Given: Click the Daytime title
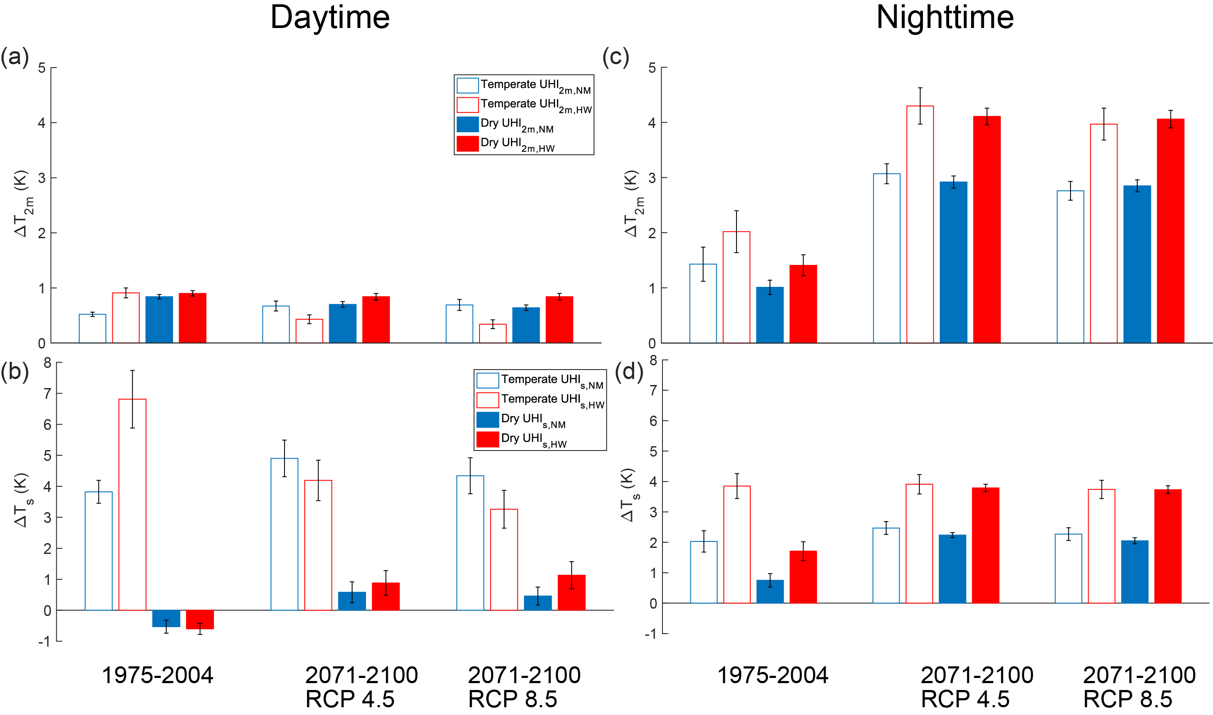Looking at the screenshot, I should (x=330, y=18).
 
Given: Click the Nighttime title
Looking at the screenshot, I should (x=944, y=18).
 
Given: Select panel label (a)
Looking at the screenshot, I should (x=15, y=57).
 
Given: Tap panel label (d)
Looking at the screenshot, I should (x=628, y=371).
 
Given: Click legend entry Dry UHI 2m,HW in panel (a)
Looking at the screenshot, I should (x=517, y=143).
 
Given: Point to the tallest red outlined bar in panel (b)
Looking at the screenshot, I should (x=133, y=504).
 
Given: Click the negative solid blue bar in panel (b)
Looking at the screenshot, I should (x=166, y=618).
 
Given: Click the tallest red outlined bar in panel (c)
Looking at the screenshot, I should (x=920, y=224).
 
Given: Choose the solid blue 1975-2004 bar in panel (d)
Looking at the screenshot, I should (x=770, y=591).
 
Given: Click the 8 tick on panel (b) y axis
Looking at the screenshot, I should (x=47, y=363).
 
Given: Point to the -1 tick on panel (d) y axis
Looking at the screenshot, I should (x=651, y=634).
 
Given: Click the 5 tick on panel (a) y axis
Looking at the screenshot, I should (x=42, y=68).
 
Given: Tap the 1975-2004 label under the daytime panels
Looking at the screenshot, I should (x=158, y=675).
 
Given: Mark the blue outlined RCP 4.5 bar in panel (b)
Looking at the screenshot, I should (x=284, y=534).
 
